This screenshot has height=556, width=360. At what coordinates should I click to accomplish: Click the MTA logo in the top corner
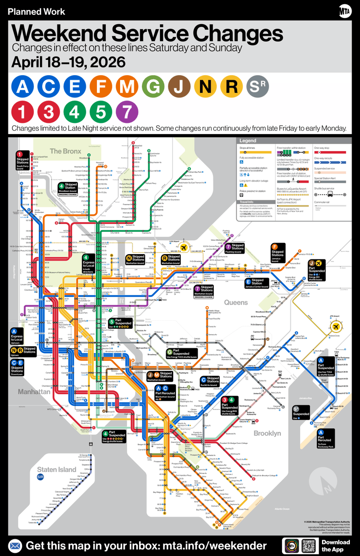(344, 11)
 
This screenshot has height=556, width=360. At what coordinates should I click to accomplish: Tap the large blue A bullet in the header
(23, 86)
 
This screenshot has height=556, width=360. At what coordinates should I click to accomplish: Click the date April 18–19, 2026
(68, 62)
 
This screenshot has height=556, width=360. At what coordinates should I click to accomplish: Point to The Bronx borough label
(65, 151)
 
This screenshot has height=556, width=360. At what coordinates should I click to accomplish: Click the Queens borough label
(236, 302)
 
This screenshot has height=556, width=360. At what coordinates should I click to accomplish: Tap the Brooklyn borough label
(267, 433)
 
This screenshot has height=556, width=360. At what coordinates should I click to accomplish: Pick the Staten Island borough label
(57, 469)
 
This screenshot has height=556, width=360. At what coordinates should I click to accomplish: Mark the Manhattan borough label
(34, 392)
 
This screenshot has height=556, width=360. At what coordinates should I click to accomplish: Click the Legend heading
(247, 141)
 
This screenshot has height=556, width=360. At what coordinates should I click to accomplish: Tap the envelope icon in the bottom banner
(15, 545)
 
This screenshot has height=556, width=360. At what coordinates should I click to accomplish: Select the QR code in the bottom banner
(309, 545)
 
